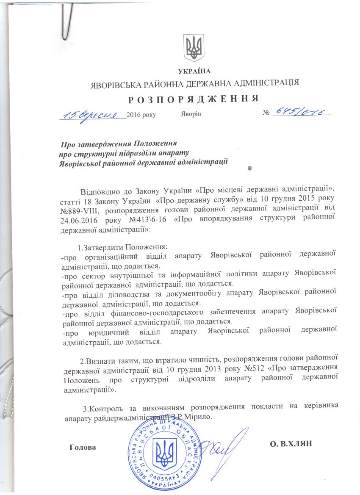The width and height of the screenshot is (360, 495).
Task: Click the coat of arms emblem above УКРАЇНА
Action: point(195,47)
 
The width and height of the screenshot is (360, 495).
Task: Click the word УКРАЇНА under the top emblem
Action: point(195,70)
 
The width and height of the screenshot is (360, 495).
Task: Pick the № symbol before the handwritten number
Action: point(266,114)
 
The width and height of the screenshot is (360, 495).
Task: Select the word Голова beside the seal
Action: point(83,447)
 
